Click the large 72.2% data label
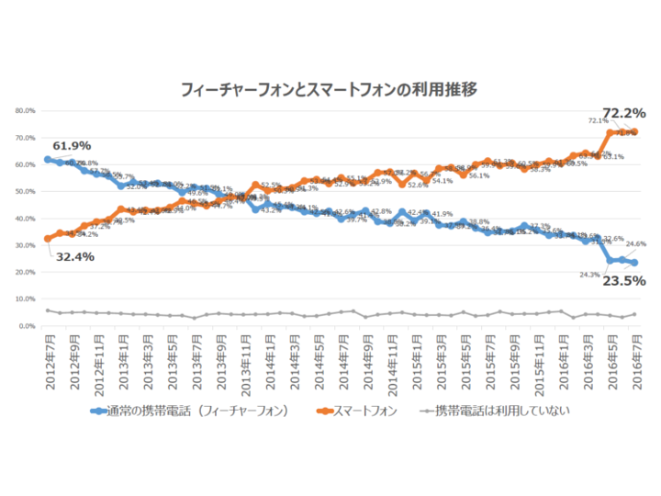tap(622, 113)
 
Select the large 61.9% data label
tap(73, 146)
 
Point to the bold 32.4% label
tap(73, 257)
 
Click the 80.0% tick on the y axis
tap(25, 111)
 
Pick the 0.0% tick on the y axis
tap(27, 326)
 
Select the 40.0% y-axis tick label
tap(25, 219)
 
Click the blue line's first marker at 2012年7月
tap(48, 160)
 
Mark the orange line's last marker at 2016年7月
tap(635, 132)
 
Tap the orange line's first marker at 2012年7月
tap(48, 239)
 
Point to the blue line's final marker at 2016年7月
tap(635, 263)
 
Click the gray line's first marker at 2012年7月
tap(48, 310)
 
